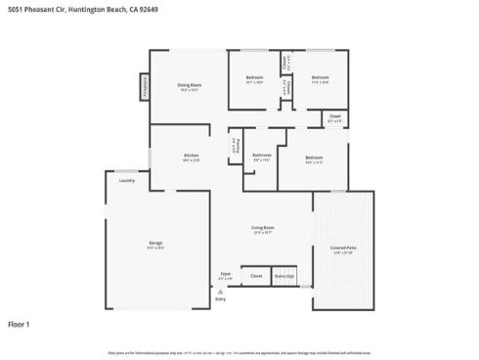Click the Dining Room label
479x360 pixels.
point(190,86)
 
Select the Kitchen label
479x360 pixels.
point(192,156)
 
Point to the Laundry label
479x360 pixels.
point(126,181)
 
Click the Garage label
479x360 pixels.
point(155,243)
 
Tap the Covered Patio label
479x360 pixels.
point(343,247)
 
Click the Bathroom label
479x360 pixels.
point(261,155)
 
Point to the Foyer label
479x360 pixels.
point(225,274)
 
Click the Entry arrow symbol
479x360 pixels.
point(221,291)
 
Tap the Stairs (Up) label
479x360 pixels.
point(283,276)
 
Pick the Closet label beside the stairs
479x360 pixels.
point(256,276)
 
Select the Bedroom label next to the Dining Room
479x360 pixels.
point(254,77)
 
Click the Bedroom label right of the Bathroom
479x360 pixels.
point(313,157)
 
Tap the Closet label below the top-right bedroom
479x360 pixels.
point(334,116)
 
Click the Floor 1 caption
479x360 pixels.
point(20,324)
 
